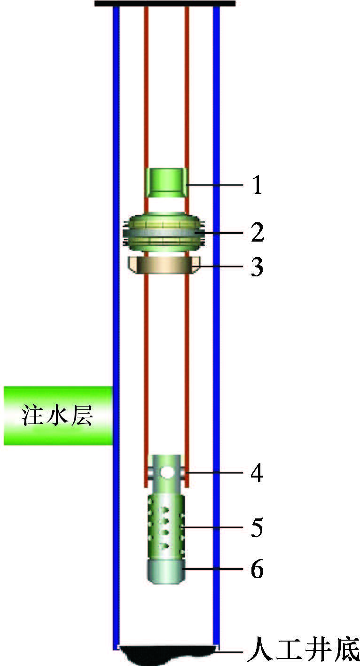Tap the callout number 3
[257, 268]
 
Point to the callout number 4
[256, 473]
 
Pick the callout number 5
[256, 528]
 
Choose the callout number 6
[256, 570]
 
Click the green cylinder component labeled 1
[165, 183]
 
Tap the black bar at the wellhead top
[164, 3]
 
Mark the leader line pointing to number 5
[214, 528]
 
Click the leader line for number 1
[214, 186]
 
